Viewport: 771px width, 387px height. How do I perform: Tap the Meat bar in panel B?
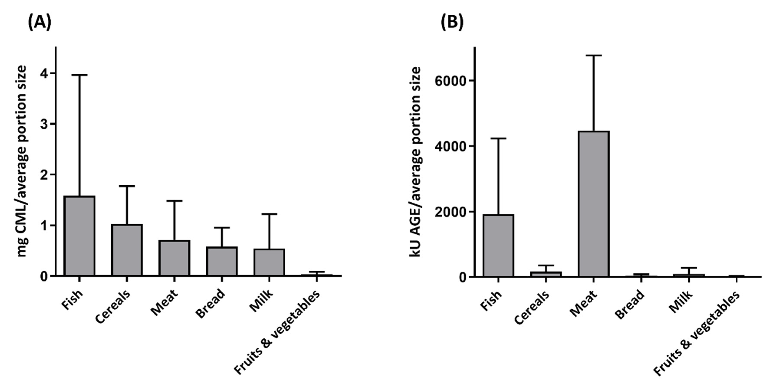(594, 204)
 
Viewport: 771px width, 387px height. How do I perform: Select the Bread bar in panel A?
(222, 261)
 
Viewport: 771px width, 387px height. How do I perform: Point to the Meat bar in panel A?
(174, 258)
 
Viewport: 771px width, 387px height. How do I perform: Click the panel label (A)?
(39, 22)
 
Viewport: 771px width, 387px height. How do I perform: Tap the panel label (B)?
(452, 22)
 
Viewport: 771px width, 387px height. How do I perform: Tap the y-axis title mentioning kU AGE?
(416, 162)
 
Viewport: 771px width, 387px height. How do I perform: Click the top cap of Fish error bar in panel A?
(79, 75)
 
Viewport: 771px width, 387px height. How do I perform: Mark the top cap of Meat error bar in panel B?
(594, 55)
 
